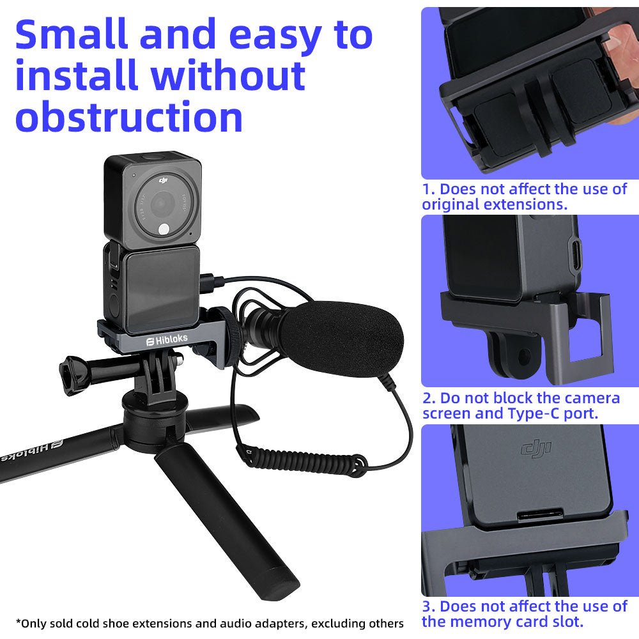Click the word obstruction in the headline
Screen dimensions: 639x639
(x=129, y=117)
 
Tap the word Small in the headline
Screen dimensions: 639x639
(x=72, y=35)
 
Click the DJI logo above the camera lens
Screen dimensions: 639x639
(x=164, y=180)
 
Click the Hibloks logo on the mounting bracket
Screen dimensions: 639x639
(x=167, y=339)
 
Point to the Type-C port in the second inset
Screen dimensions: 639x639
(x=576, y=256)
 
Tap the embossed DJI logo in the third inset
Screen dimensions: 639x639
(x=536, y=449)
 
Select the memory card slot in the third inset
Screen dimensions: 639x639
(x=541, y=515)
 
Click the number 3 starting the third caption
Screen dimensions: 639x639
(x=427, y=606)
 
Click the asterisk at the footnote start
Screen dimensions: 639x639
(x=18, y=622)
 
